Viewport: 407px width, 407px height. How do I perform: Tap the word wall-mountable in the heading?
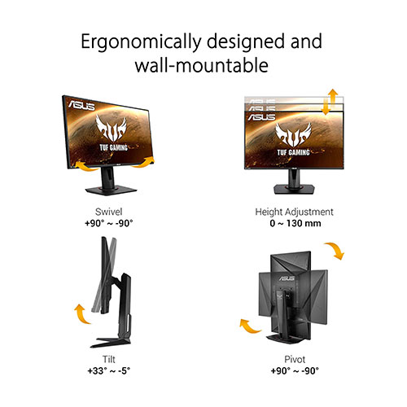click(202, 65)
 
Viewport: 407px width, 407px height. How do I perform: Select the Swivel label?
click(108, 212)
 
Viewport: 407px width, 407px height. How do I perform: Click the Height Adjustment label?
click(294, 212)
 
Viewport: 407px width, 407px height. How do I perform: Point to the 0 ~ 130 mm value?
click(295, 224)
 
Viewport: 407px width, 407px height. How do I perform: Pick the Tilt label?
click(109, 359)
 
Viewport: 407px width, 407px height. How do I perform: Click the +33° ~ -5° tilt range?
click(109, 370)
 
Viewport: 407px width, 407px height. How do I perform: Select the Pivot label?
click(295, 359)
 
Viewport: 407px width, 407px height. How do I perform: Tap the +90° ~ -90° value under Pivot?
click(295, 370)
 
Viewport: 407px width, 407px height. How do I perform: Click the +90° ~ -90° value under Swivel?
click(109, 224)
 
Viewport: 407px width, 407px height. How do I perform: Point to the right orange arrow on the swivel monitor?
click(144, 163)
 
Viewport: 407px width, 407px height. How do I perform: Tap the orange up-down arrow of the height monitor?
click(329, 102)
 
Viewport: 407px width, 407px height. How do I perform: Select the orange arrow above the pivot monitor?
click(336, 250)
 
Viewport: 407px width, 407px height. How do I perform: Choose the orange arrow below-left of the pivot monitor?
click(248, 327)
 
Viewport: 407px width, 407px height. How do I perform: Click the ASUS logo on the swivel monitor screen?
click(81, 105)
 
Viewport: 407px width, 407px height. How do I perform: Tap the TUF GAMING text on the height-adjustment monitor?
click(293, 152)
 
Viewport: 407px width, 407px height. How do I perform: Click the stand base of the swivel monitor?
click(111, 190)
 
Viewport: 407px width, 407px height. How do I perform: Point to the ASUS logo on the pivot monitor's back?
click(286, 278)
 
